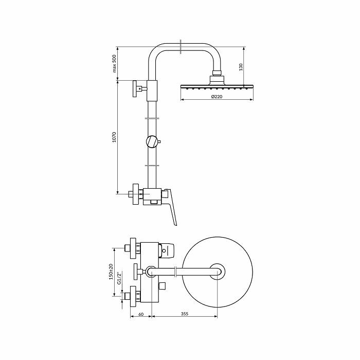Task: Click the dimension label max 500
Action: [115, 64]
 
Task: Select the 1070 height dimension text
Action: [115, 137]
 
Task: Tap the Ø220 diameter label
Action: [217, 97]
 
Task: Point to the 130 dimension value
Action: [241, 67]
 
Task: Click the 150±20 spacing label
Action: [111, 272]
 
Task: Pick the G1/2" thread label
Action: [119, 279]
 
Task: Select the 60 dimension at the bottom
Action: [141, 314]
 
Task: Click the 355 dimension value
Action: [184, 314]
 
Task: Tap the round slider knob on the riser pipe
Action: [152, 141]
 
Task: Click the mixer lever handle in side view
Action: [172, 207]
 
